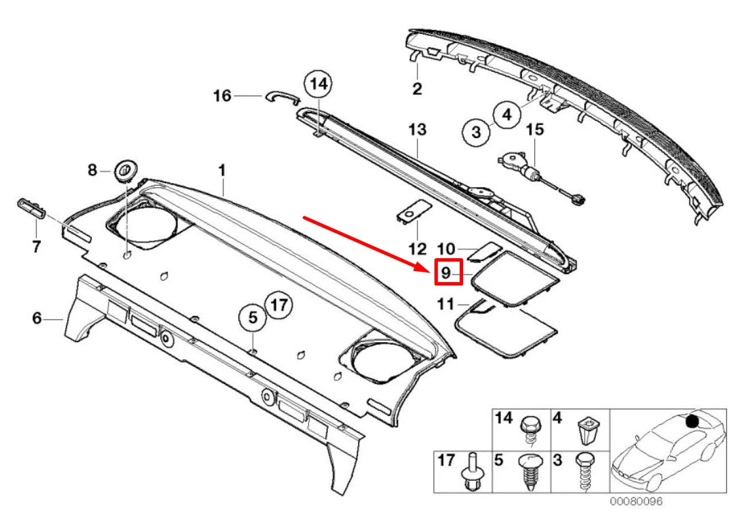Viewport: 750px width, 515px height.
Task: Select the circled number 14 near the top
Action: (x=318, y=84)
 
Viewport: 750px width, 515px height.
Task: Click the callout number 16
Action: (x=222, y=96)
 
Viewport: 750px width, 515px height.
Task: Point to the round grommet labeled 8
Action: (x=124, y=169)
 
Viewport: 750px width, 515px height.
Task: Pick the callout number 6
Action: (x=37, y=318)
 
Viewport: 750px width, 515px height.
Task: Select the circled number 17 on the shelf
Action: (x=277, y=305)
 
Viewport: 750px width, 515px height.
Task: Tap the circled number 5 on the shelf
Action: (x=252, y=317)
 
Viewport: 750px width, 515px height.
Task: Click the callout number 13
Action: (x=417, y=129)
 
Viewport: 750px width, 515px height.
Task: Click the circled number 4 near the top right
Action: (x=506, y=115)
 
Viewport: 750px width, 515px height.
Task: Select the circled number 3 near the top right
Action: (x=476, y=130)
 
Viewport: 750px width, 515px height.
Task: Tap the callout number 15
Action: (x=534, y=129)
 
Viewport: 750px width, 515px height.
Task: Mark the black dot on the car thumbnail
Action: (x=692, y=421)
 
